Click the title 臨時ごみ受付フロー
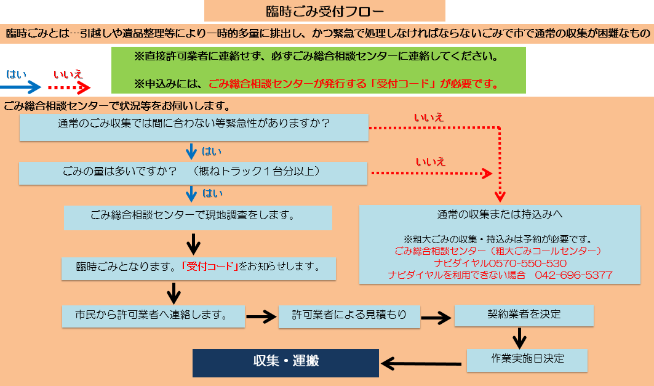pyautogui.click(x=324, y=11)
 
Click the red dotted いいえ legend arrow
pyautogui.click(x=68, y=87)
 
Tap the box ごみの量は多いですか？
pyautogui.click(x=194, y=172)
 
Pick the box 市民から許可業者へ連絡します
pyautogui.click(x=153, y=315)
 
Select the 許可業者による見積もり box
pyautogui.click(x=349, y=315)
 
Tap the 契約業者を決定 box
pyautogui.click(x=524, y=315)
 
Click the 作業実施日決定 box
pyautogui.click(x=527, y=360)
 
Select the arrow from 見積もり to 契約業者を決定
pyautogui.click(x=437, y=318)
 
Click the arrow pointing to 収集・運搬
pyautogui.click(x=421, y=363)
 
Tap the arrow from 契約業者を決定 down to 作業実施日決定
pyautogui.click(x=520, y=337)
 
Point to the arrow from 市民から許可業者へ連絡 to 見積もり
pyautogui.click(x=261, y=317)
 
